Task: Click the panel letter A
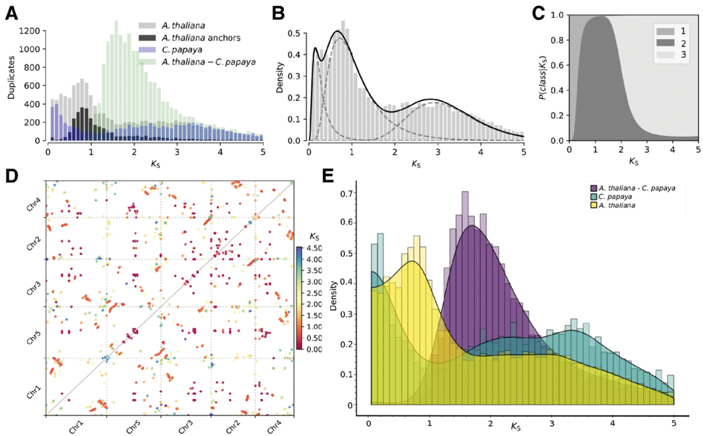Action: tap(11, 11)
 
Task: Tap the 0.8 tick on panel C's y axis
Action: tap(560, 40)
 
